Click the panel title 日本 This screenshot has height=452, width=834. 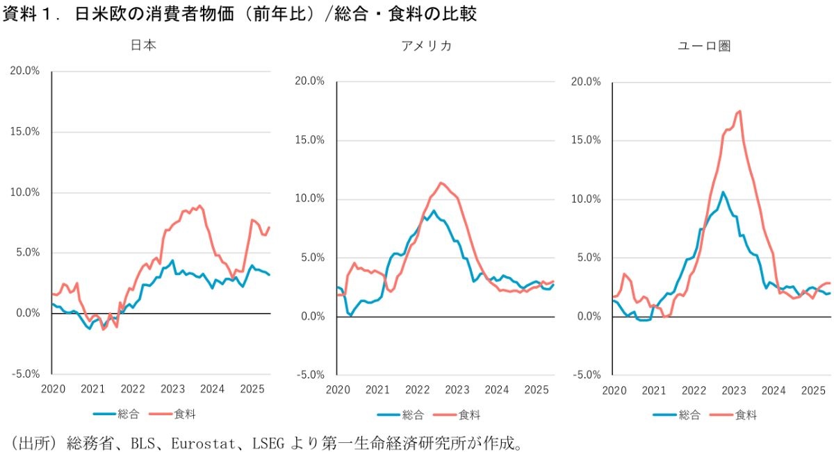point(144,46)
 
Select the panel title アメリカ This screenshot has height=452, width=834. point(426,46)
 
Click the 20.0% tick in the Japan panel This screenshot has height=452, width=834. point(25,71)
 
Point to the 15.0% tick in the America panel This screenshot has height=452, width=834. point(309,140)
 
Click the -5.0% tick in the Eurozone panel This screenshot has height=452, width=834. point(584,375)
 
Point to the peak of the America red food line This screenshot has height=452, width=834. point(440,183)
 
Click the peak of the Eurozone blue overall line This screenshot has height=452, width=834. point(723,192)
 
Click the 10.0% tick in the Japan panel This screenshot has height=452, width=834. point(25,192)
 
